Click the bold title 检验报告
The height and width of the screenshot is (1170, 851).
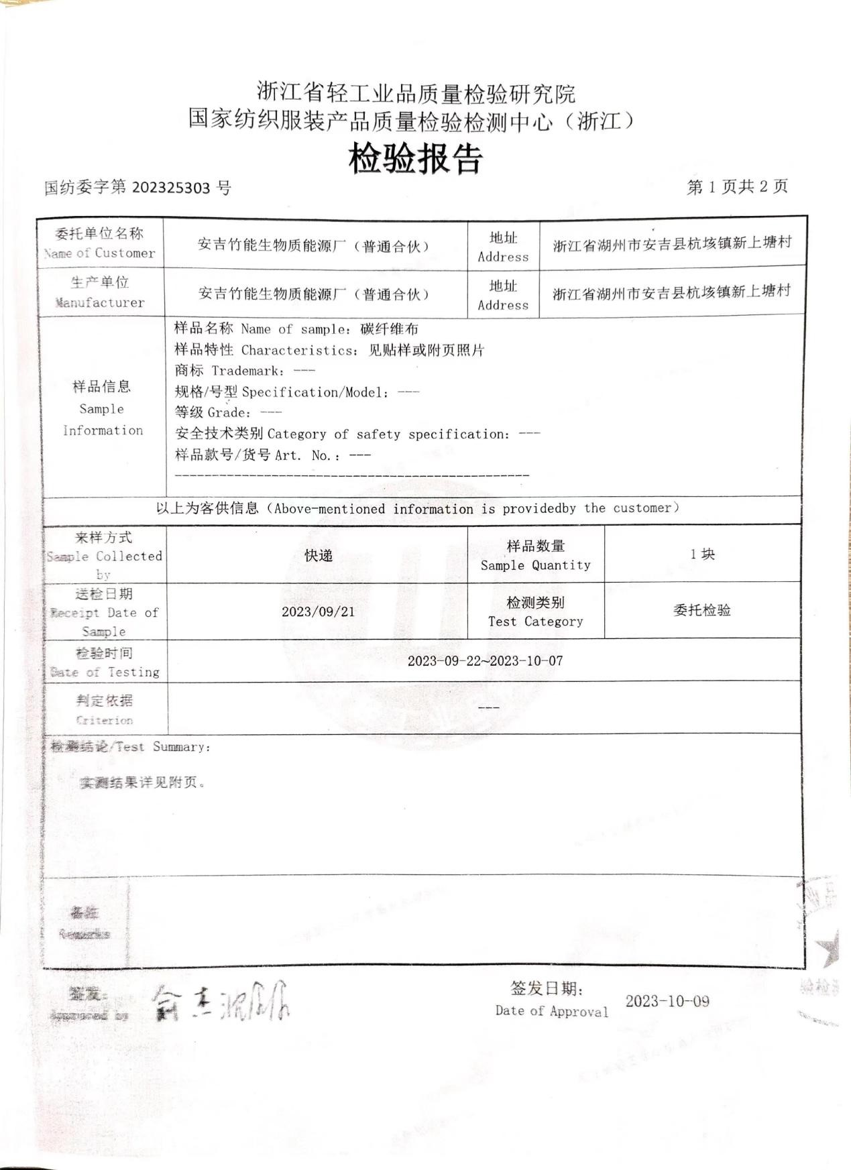416,160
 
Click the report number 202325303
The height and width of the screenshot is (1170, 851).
171,188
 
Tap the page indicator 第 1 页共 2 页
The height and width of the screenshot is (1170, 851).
737,187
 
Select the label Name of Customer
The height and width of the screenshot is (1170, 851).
100,253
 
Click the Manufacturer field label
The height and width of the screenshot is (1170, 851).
100,302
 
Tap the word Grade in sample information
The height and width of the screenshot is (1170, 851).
229,413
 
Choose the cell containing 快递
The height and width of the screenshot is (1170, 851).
318,556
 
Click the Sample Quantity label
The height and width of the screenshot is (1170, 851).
535,565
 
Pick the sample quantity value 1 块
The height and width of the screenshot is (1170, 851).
702,554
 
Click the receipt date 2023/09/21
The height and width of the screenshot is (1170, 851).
318,611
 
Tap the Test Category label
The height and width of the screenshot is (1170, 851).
535,622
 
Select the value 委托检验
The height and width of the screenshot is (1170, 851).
701,611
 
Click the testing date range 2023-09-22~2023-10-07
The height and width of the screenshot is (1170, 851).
485,661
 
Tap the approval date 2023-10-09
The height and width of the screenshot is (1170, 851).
667,1002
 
